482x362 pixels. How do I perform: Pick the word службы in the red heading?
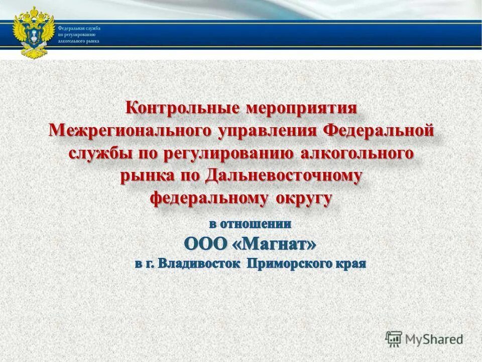pos(98,154)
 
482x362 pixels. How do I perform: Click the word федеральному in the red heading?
pos(209,199)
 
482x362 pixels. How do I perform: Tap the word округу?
pos(303,199)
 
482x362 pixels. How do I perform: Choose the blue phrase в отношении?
pos(250,222)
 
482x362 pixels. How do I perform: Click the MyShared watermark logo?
pos(424,339)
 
